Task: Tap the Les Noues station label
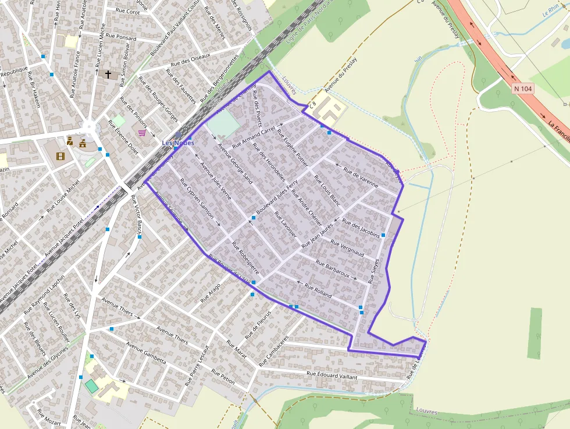pyautogui.click(x=177, y=143)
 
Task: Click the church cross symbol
pyautogui.click(x=108, y=74)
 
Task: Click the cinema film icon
pyautogui.click(x=60, y=155)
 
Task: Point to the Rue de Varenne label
pyautogui.click(x=361, y=175)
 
